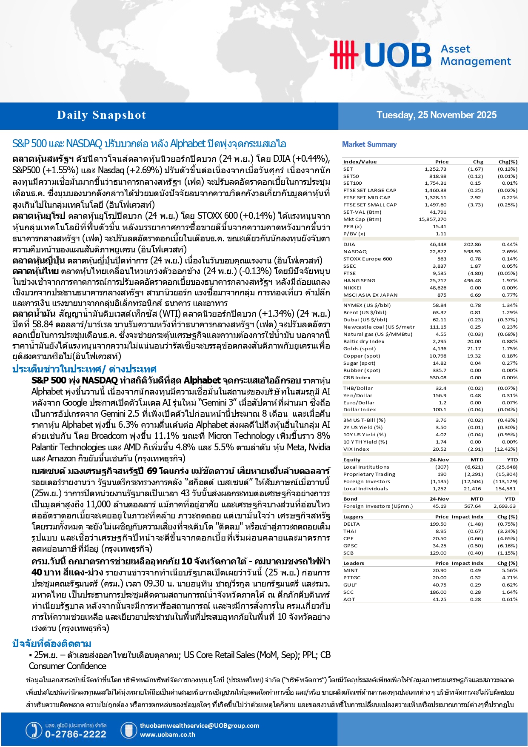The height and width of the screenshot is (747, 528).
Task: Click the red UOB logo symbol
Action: click(343, 54)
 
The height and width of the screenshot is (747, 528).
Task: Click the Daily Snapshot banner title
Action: click(101, 115)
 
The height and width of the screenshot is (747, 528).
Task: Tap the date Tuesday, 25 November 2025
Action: click(436, 115)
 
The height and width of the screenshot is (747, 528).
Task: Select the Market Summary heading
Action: click(369, 145)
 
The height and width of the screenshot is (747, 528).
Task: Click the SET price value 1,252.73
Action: click(435, 169)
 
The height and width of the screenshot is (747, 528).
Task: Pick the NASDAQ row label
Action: click(355, 252)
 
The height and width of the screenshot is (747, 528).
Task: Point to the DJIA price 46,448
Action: click(438, 244)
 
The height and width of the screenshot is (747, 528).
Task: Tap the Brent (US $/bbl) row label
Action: click(365, 312)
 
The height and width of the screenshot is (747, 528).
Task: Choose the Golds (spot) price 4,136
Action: click(440, 349)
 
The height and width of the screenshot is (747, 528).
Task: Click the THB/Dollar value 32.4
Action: click(441, 388)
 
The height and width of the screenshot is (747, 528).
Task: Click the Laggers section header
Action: click(353, 517)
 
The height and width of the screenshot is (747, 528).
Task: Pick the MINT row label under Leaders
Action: click(351, 570)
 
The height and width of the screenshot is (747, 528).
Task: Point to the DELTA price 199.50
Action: click(438, 524)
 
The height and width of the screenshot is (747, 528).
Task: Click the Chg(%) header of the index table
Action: click(508, 162)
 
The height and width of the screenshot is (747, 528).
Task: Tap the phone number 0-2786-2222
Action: click(75, 734)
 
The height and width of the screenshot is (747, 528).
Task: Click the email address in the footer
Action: click(199, 726)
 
